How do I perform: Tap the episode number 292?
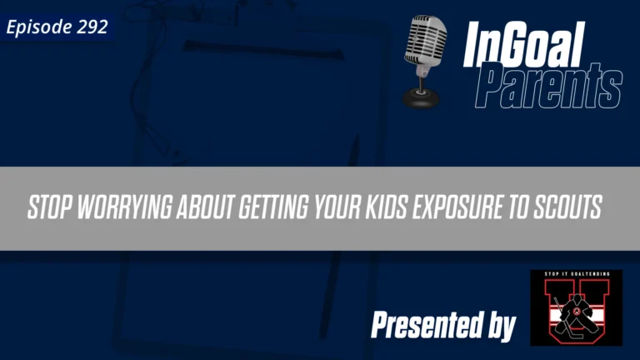pos(92,27)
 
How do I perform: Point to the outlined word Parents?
pos(550,87)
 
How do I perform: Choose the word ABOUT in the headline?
pos(206,209)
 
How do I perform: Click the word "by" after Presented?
pos(500,327)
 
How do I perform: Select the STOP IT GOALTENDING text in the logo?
pos(576,276)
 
